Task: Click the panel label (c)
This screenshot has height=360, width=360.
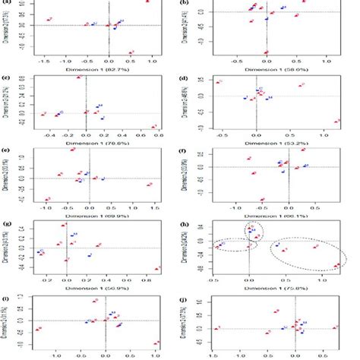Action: pyautogui.click(x=6, y=78)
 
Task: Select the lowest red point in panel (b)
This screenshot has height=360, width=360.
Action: pyautogui.click(x=266, y=52)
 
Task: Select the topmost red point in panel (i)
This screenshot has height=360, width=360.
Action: pyautogui.click(x=95, y=301)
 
